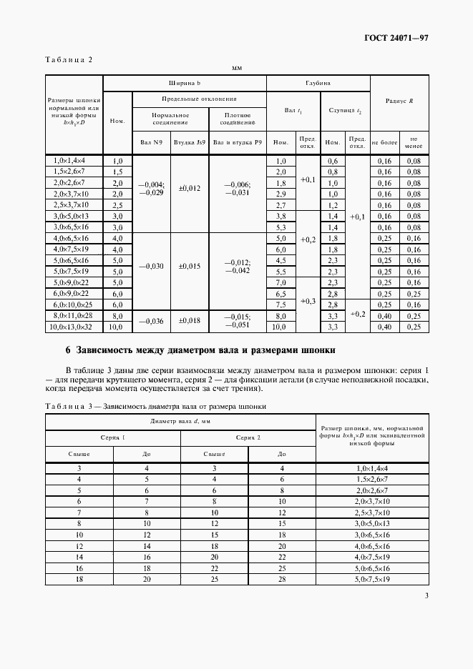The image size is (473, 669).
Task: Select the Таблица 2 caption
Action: [x=69, y=60]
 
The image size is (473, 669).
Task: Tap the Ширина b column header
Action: [x=185, y=83]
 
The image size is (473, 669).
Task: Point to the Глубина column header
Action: [x=317, y=83]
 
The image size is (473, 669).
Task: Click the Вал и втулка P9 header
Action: [x=237, y=142]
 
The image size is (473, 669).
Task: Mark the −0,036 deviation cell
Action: [x=152, y=322]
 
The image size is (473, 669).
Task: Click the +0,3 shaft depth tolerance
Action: [x=308, y=301]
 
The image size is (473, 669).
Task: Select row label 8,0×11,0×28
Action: [x=74, y=315]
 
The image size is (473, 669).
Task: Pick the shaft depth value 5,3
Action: [x=281, y=227]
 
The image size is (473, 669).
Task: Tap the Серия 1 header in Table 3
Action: [x=112, y=437]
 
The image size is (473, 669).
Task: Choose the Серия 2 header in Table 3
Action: [x=248, y=437]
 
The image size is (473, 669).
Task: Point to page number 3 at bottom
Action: [x=426, y=595]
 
